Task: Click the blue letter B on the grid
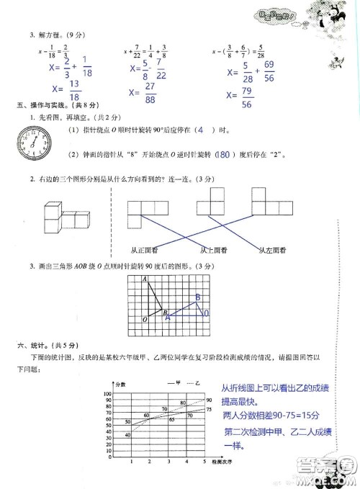point(197,297)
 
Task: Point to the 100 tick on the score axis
point(107,395)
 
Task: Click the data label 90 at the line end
point(209,400)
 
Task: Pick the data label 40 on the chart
point(127,434)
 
